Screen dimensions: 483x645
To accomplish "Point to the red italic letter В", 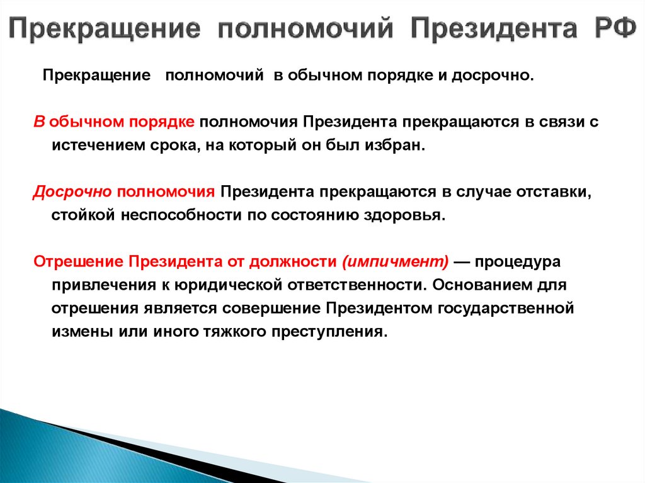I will point(38,122).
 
